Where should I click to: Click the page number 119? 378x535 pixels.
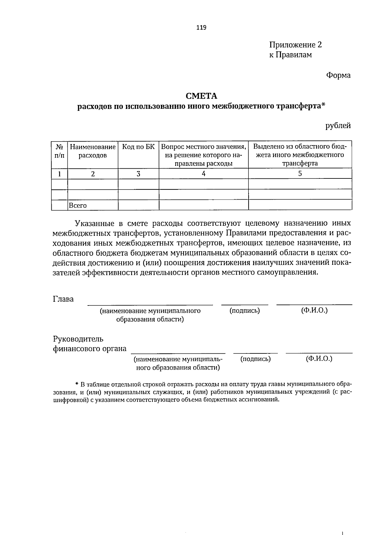click(x=201, y=27)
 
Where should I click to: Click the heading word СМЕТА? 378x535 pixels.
click(x=201, y=96)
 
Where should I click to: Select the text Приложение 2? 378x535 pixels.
click(x=295, y=45)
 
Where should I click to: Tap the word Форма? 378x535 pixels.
click(x=338, y=75)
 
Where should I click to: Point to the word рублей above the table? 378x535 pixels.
click(x=338, y=126)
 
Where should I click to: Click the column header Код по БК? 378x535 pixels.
click(x=138, y=147)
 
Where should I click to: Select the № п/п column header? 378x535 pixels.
click(x=59, y=151)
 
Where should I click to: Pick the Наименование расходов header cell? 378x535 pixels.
click(x=93, y=151)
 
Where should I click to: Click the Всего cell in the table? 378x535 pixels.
click(x=78, y=206)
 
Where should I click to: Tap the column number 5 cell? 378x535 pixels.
click(x=300, y=173)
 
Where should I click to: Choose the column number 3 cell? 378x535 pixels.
click(x=138, y=173)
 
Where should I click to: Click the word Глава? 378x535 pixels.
click(x=63, y=299)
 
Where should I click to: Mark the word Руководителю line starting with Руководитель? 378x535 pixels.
click(x=78, y=339)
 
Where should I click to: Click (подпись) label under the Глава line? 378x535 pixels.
click(x=245, y=311)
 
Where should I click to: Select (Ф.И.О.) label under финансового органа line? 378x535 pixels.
click(x=319, y=359)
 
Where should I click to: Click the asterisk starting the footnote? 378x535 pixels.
click(x=77, y=384)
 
